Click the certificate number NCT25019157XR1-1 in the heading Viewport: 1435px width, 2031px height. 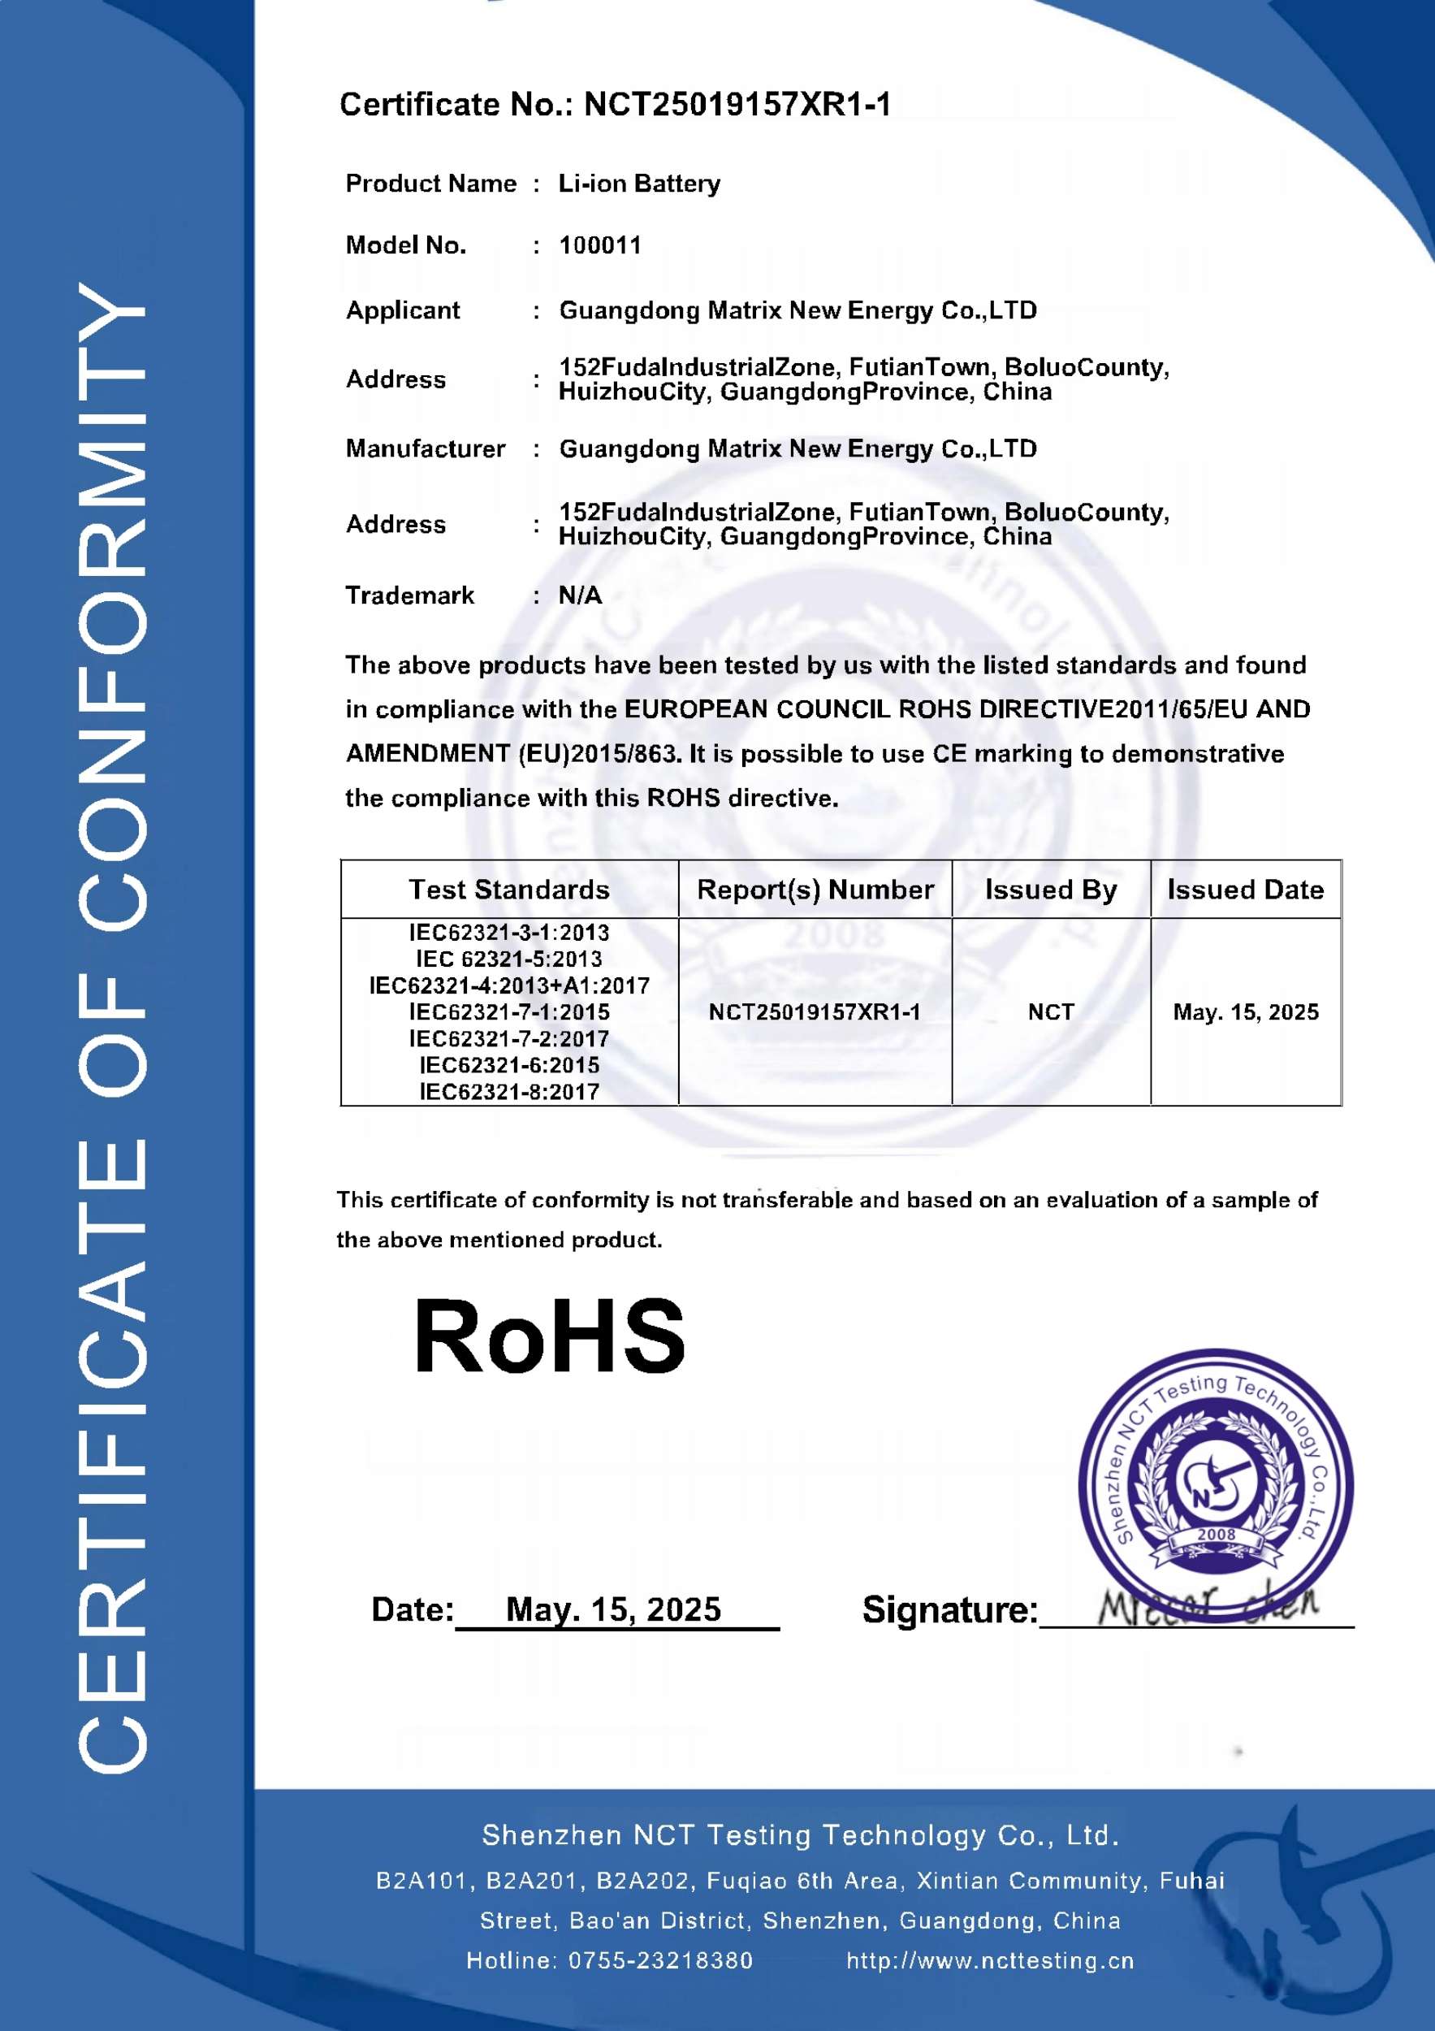click(737, 104)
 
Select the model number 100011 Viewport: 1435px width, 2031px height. click(599, 245)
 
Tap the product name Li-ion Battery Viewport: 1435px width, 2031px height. click(638, 183)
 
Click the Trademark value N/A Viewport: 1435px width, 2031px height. click(580, 595)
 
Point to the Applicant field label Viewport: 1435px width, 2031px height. click(402, 310)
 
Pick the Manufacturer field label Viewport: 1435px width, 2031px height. click(426, 448)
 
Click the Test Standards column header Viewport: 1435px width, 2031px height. click(508, 889)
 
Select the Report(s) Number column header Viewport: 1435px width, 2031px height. click(815, 889)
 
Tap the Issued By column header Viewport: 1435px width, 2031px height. click(1050, 889)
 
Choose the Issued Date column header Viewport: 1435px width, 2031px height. click(1245, 889)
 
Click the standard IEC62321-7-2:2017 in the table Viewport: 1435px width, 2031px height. click(508, 1038)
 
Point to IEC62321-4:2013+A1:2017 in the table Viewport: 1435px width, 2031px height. click(508, 985)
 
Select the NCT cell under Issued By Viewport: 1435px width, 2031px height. click(1050, 1012)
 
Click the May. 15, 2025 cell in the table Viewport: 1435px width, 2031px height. click(1245, 1012)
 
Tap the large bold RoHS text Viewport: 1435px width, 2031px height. click(549, 1336)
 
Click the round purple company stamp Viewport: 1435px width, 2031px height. click(1216, 1486)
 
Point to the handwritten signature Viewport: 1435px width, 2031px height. click(1208, 1603)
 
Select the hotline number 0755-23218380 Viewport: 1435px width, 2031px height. click(659, 1960)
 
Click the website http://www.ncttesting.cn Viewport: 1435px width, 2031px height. click(989, 1960)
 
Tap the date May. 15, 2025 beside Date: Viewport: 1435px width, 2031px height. click(612, 1609)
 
